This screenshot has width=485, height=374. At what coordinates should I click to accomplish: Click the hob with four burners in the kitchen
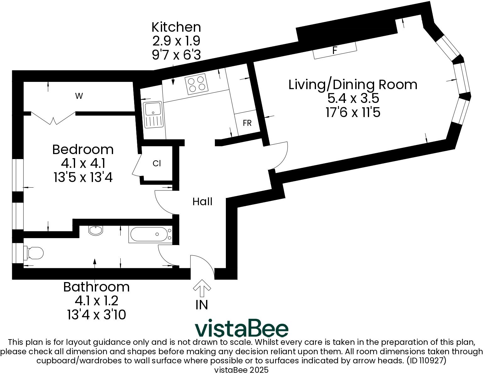[197, 83]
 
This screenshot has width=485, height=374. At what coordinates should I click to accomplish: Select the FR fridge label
[247, 123]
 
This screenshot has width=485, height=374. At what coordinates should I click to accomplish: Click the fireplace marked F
[335, 50]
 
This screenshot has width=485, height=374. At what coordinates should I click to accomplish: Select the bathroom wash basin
[95, 231]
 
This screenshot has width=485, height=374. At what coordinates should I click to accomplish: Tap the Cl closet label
[157, 163]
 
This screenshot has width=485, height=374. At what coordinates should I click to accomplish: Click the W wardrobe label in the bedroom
[79, 96]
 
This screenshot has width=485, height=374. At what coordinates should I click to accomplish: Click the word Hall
[202, 201]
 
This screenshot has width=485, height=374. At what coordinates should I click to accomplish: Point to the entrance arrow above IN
[202, 288]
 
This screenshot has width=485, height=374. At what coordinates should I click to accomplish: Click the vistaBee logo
[241, 329]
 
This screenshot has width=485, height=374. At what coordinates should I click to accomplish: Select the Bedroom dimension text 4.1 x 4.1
[83, 163]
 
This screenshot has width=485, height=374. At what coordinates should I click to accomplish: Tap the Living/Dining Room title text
[353, 85]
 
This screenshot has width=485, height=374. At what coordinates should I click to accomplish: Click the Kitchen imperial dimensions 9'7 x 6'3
[176, 55]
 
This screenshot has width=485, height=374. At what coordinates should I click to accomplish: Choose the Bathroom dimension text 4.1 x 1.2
[96, 301]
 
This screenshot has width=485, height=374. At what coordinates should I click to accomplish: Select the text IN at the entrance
[202, 305]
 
